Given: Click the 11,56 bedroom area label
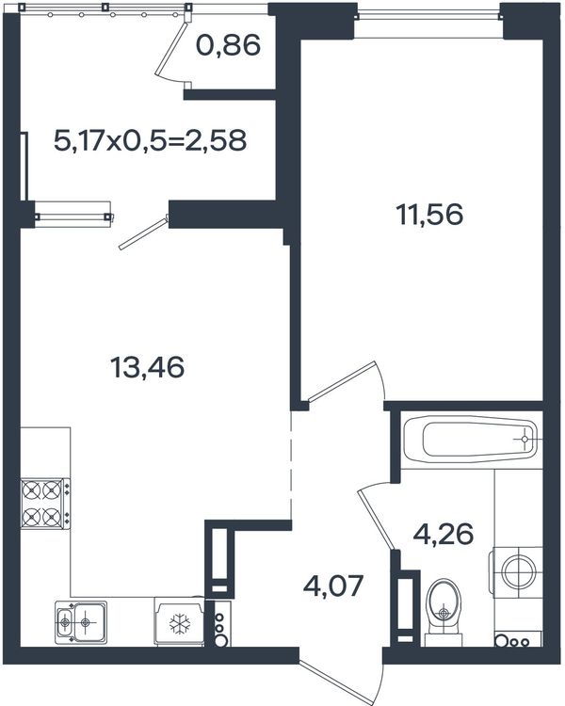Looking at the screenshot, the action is pos(429,215).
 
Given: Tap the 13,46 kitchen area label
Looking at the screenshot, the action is pos(147,367).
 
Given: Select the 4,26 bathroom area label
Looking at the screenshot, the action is pos(444,534).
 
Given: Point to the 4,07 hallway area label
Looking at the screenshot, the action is pos(333,586).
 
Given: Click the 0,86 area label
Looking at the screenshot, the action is pos(229,45).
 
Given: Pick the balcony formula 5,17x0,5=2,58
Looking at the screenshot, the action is pos(150,140).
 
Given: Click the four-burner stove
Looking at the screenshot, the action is pos(45,503).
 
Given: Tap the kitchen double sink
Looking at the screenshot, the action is pos(81,622).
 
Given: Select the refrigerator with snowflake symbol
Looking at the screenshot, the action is pos(179,621).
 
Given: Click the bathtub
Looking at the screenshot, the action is pos(470,439).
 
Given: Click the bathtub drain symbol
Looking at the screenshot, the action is pos(525,439).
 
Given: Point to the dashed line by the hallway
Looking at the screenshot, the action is pos(292,465).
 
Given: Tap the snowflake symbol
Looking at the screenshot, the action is pos(180,623).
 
